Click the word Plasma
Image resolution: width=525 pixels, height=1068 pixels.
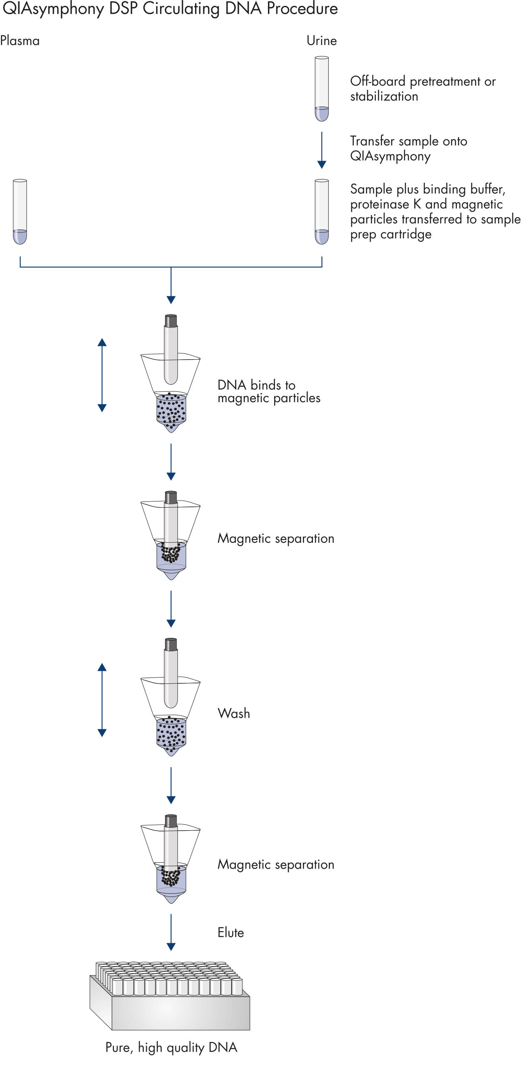point(20,41)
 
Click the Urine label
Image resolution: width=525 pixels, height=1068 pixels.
point(321,41)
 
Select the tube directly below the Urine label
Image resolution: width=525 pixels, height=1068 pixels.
point(322,88)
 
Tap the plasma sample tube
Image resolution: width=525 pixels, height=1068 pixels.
point(20,212)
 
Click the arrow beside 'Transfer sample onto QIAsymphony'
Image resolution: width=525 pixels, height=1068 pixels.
point(322,150)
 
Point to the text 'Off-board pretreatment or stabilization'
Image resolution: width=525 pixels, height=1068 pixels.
point(422,88)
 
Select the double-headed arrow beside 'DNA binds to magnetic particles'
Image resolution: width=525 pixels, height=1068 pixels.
point(102,375)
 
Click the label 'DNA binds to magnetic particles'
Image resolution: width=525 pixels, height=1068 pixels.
point(269,391)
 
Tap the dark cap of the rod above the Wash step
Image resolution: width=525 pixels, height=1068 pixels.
point(171,645)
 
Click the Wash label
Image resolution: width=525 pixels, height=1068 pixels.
point(234,713)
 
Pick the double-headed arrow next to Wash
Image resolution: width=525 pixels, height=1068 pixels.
point(102,700)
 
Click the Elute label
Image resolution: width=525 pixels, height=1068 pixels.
point(230,932)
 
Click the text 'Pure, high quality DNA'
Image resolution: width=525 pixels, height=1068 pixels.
point(171,1047)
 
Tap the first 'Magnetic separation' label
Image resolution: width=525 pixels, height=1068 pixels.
point(276,539)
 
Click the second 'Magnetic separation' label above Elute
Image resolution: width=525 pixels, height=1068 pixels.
point(276,864)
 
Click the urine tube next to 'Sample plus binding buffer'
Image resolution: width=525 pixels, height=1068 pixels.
point(322,212)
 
